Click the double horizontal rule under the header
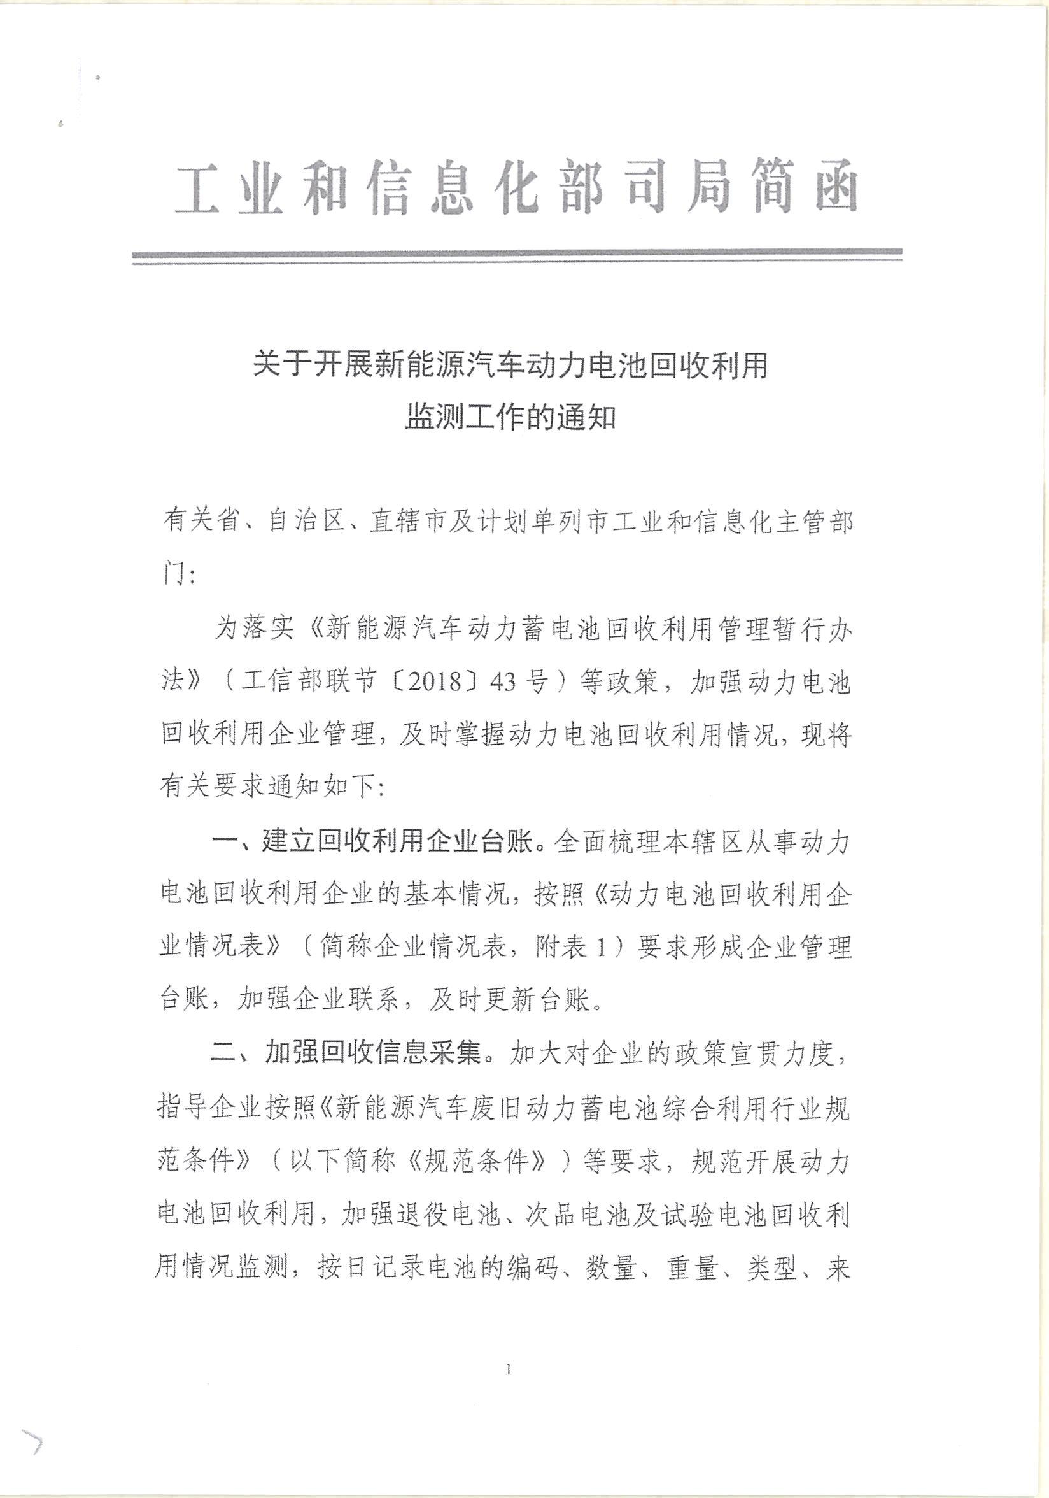(x=516, y=257)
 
